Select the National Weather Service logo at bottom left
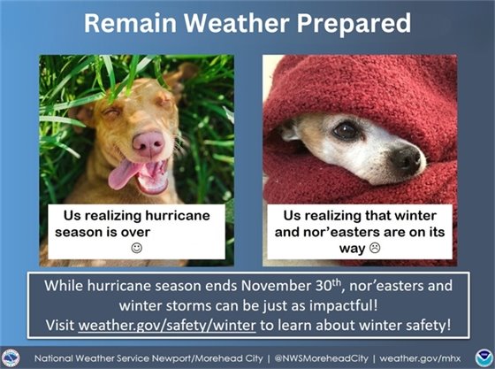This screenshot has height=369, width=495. coord(12,356)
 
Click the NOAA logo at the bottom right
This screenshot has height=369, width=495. coord(480,356)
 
